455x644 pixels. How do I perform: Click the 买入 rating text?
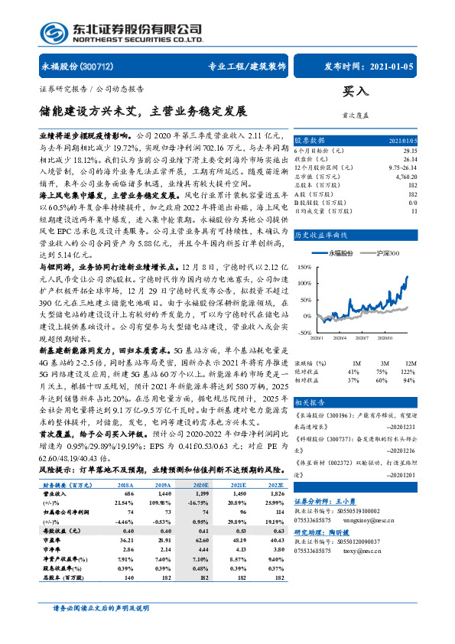click(356, 90)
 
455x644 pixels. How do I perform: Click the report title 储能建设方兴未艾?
click(92, 111)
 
